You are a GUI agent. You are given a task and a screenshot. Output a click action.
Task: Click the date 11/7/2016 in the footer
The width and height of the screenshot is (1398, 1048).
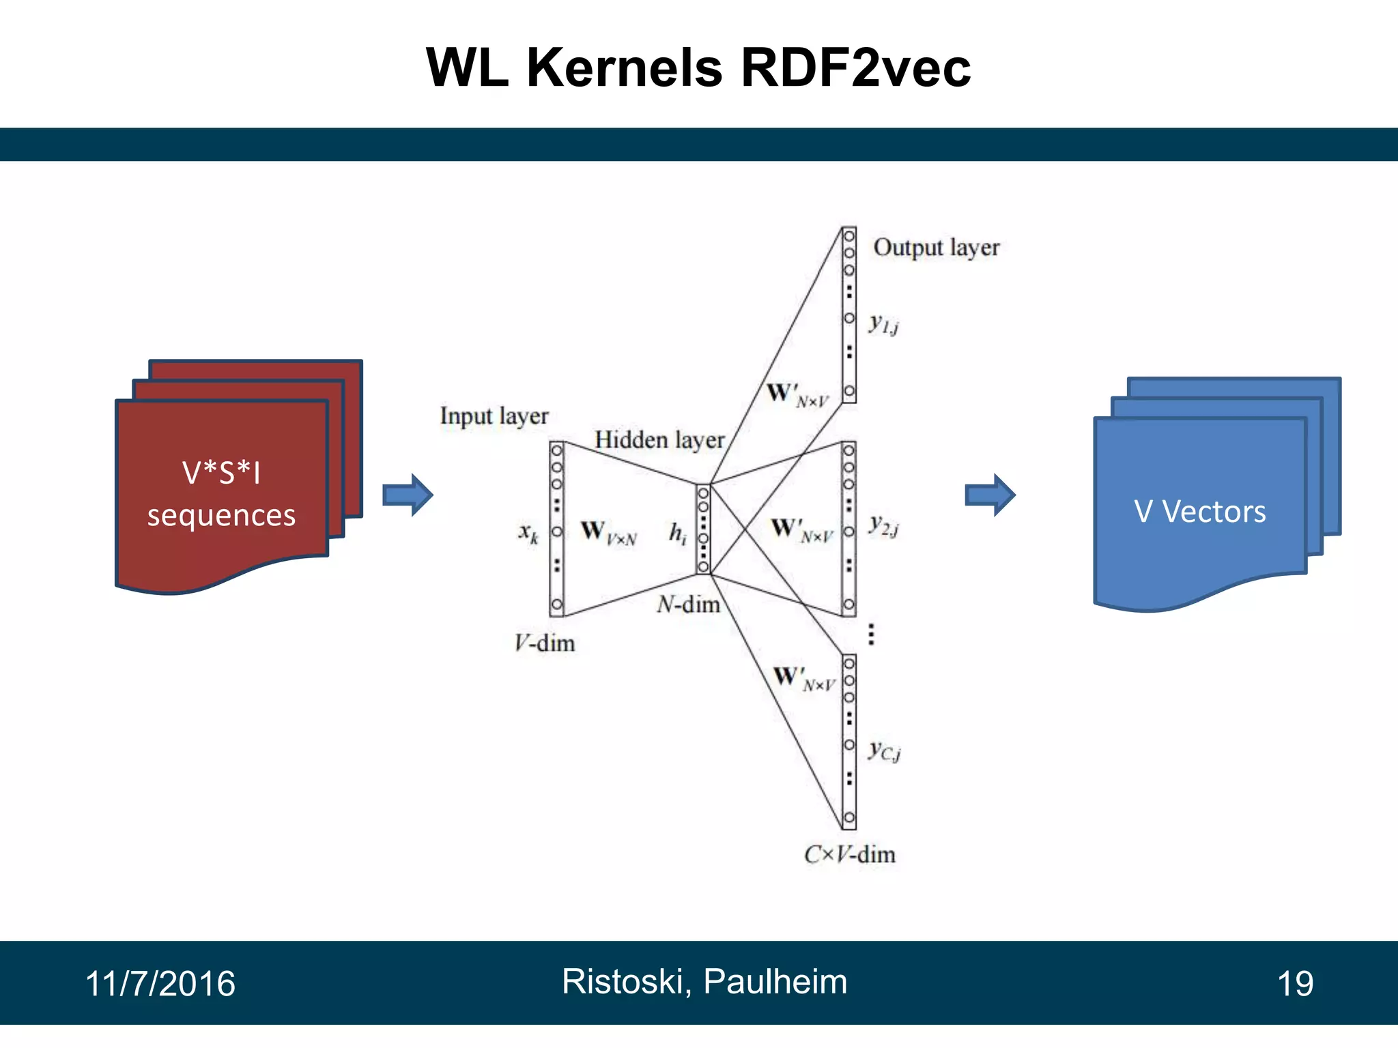coord(160,983)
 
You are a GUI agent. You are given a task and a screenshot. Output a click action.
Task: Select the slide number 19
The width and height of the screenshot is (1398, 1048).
coord(1295,983)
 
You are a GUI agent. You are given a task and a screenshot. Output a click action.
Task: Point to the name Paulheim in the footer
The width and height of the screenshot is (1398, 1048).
coord(775,981)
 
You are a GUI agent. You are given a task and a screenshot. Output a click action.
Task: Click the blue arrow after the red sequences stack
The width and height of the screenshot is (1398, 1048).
coord(408,495)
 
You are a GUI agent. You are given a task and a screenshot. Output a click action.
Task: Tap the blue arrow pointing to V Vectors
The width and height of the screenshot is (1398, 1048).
coord(990,495)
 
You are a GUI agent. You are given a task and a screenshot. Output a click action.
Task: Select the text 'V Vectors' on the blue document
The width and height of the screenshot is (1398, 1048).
coord(1199,511)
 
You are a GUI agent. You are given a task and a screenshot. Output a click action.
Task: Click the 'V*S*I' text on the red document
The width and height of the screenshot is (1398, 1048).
coord(221,472)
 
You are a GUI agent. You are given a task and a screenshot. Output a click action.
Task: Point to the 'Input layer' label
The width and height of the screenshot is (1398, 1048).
coord(494,416)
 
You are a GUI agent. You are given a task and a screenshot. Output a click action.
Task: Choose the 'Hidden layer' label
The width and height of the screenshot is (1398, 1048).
coord(659,439)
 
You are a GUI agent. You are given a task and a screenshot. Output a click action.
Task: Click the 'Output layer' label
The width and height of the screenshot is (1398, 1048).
coord(936,247)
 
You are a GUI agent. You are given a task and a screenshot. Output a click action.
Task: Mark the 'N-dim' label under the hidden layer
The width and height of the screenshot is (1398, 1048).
coord(688,604)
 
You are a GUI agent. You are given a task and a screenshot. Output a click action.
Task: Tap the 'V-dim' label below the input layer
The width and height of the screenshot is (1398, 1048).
coord(544,643)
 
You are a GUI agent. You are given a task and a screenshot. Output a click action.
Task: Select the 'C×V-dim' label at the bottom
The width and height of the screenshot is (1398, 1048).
coord(849,854)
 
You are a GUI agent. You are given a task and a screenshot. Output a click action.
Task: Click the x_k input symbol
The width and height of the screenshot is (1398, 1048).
coord(528,532)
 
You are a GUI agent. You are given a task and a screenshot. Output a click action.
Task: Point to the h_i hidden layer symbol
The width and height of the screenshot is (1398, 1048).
coord(677,532)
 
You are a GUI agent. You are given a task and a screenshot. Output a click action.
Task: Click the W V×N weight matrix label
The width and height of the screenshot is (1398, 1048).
coord(608,532)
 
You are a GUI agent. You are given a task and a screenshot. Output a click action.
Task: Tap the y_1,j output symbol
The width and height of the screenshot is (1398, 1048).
coord(883,324)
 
